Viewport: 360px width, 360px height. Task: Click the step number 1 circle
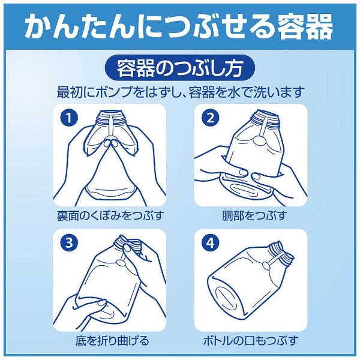69,118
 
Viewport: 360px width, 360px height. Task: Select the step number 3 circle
69,243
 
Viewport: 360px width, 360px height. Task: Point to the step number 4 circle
211,243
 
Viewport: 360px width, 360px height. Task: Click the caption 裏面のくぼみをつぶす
110,215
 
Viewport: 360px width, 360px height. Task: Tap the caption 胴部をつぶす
254,215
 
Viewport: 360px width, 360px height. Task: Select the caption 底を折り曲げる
112,340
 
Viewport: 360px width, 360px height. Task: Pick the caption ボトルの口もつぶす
251,340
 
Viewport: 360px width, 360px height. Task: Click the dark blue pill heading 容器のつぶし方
180,68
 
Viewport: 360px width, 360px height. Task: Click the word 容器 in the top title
305,27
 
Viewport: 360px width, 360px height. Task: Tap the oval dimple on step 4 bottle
266,267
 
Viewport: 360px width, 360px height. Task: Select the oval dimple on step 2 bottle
259,140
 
